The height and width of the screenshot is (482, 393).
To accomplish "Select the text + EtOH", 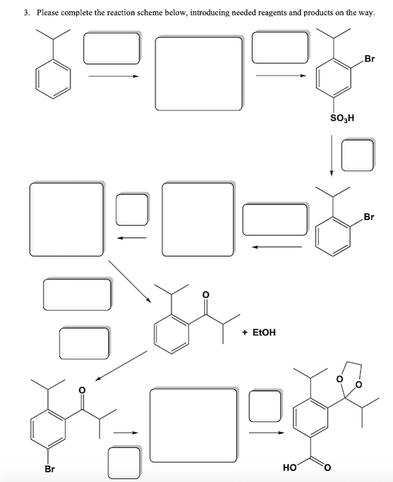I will [259, 333].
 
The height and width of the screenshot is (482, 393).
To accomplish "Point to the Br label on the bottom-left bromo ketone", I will [50, 469].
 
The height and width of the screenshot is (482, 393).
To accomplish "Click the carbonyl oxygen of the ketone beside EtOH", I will [204, 295].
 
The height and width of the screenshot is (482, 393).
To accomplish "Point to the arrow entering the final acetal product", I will [269, 432].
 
